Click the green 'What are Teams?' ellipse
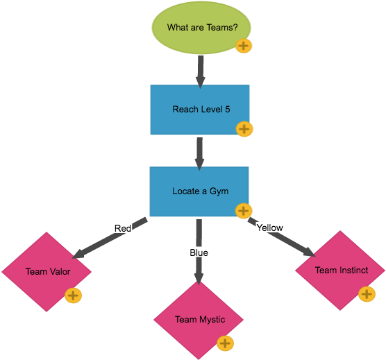(x=201, y=28)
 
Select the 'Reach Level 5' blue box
(x=200, y=110)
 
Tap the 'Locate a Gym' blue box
(x=200, y=191)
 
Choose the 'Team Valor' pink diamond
(x=47, y=271)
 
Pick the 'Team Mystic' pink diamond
(x=199, y=319)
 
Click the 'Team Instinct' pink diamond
(x=340, y=270)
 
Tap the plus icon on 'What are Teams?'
(x=244, y=46)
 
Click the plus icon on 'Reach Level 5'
(x=244, y=129)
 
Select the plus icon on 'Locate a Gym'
(x=244, y=211)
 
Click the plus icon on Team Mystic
(x=225, y=343)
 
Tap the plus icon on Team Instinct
(x=367, y=294)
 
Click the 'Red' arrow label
(x=122, y=228)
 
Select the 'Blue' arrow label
(x=199, y=252)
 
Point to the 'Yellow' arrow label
(x=269, y=227)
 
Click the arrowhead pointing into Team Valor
(x=77, y=254)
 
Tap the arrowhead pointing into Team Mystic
(x=199, y=278)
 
